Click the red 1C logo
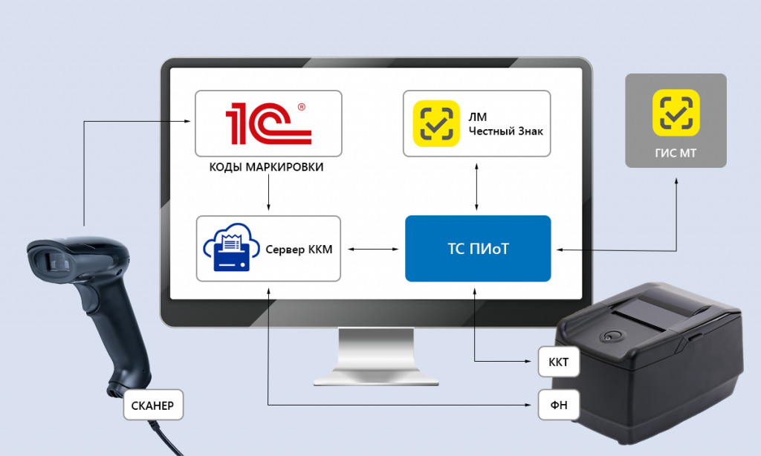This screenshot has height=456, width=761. pyautogui.click(x=268, y=123)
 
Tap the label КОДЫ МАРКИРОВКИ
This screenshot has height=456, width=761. pyautogui.click(x=266, y=167)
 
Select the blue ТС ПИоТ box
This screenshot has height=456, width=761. pyautogui.click(x=478, y=248)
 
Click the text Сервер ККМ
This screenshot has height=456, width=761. pyautogui.click(x=299, y=250)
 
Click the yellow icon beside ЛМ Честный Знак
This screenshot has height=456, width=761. pyautogui.click(x=436, y=123)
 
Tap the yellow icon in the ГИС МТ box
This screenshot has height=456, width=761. pyautogui.click(x=676, y=113)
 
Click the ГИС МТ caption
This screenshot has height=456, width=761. pyautogui.click(x=676, y=153)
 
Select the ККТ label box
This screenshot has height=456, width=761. pyautogui.click(x=559, y=362)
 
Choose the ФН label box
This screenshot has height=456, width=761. pyautogui.click(x=559, y=405)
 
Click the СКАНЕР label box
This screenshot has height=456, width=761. pyautogui.click(x=153, y=405)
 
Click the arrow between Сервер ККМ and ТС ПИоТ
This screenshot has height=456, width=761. pyautogui.click(x=373, y=249)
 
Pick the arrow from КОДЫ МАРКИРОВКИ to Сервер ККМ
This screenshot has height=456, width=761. pyautogui.click(x=268, y=192)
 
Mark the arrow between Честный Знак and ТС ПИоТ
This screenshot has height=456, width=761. pyautogui.click(x=476, y=186)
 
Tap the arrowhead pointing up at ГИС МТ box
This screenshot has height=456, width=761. pyautogui.click(x=676, y=181)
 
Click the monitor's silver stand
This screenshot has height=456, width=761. pyautogui.click(x=376, y=356)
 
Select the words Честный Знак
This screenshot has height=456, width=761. pyautogui.click(x=505, y=131)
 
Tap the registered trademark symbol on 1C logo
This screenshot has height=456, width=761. pyautogui.click(x=302, y=107)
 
